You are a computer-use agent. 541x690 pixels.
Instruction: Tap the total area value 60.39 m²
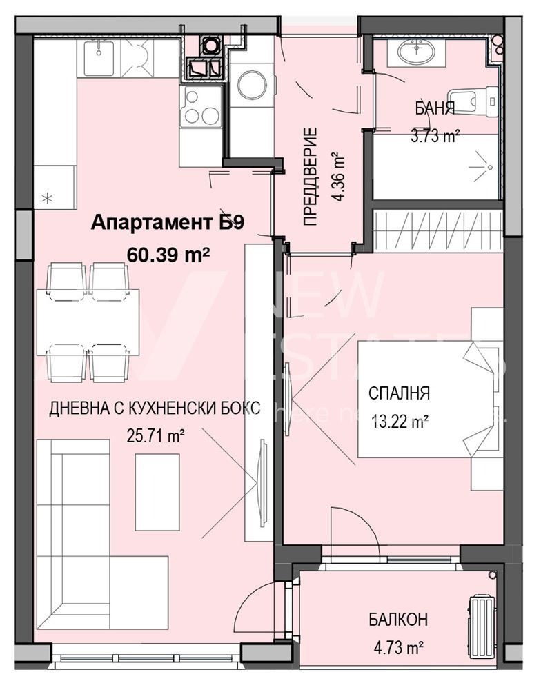[168, 255]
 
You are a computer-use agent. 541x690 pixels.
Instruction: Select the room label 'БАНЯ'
[434, 108]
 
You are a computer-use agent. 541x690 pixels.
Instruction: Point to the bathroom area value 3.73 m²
[435, 136]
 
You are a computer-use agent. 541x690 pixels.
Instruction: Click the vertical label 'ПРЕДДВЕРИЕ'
[311, 177]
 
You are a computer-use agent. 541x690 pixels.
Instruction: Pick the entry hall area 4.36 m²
[337, 177]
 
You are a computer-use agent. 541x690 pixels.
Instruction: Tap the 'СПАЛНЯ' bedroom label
[399, 394]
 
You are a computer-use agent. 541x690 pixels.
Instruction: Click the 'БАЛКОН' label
[397, 620]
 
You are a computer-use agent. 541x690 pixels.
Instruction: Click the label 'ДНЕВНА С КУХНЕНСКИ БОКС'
[154, 408]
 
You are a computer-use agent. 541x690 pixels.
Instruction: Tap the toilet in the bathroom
[476, 101]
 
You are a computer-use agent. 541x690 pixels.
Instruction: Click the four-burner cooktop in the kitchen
[201, 107]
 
